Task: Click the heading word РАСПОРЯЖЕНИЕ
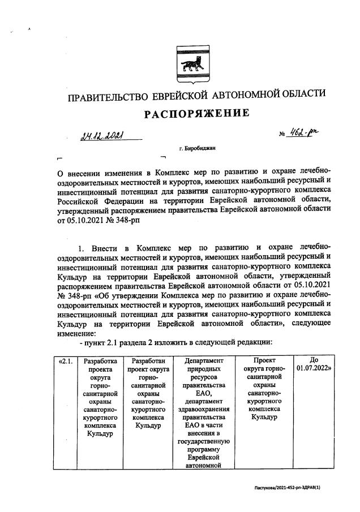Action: [196, 114]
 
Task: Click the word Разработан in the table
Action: [148, 360]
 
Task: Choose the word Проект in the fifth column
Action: [264, 360]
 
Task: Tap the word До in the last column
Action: [314, 360]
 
